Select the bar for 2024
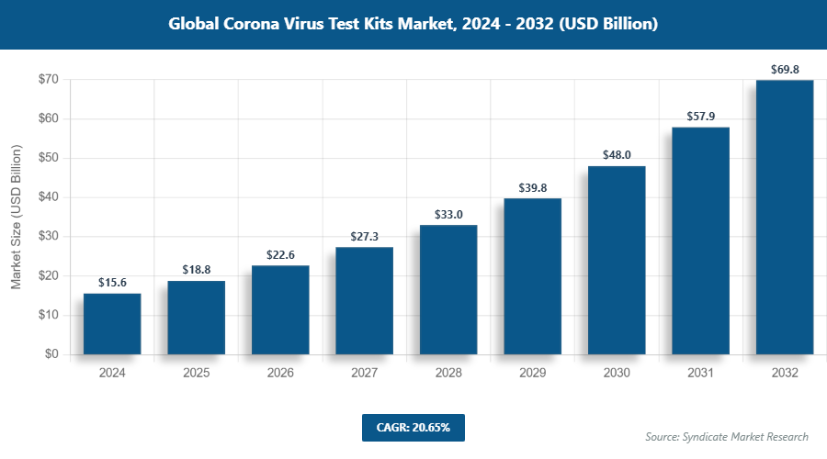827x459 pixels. pos(112,323)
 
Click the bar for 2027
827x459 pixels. pos(364,300)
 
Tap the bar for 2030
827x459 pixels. pos(617,260)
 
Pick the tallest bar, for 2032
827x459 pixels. pos(785,217)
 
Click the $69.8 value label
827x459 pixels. pos(785,69)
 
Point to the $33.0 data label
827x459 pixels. pos(448,214)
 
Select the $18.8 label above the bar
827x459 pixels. pos(196,270)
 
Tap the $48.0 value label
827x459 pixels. pos(617,155)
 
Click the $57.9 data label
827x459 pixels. pos(700,116)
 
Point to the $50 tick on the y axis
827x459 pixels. pos(48,158)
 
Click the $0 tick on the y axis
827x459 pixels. pos(51,354)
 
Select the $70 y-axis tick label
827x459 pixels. pos(48,80)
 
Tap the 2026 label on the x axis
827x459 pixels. pos(280,374)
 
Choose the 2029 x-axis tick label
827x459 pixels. pos(532,374)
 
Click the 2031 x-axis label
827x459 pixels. pos(700,374)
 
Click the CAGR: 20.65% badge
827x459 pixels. pos(413,428)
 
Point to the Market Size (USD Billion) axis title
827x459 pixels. pos(16,217)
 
